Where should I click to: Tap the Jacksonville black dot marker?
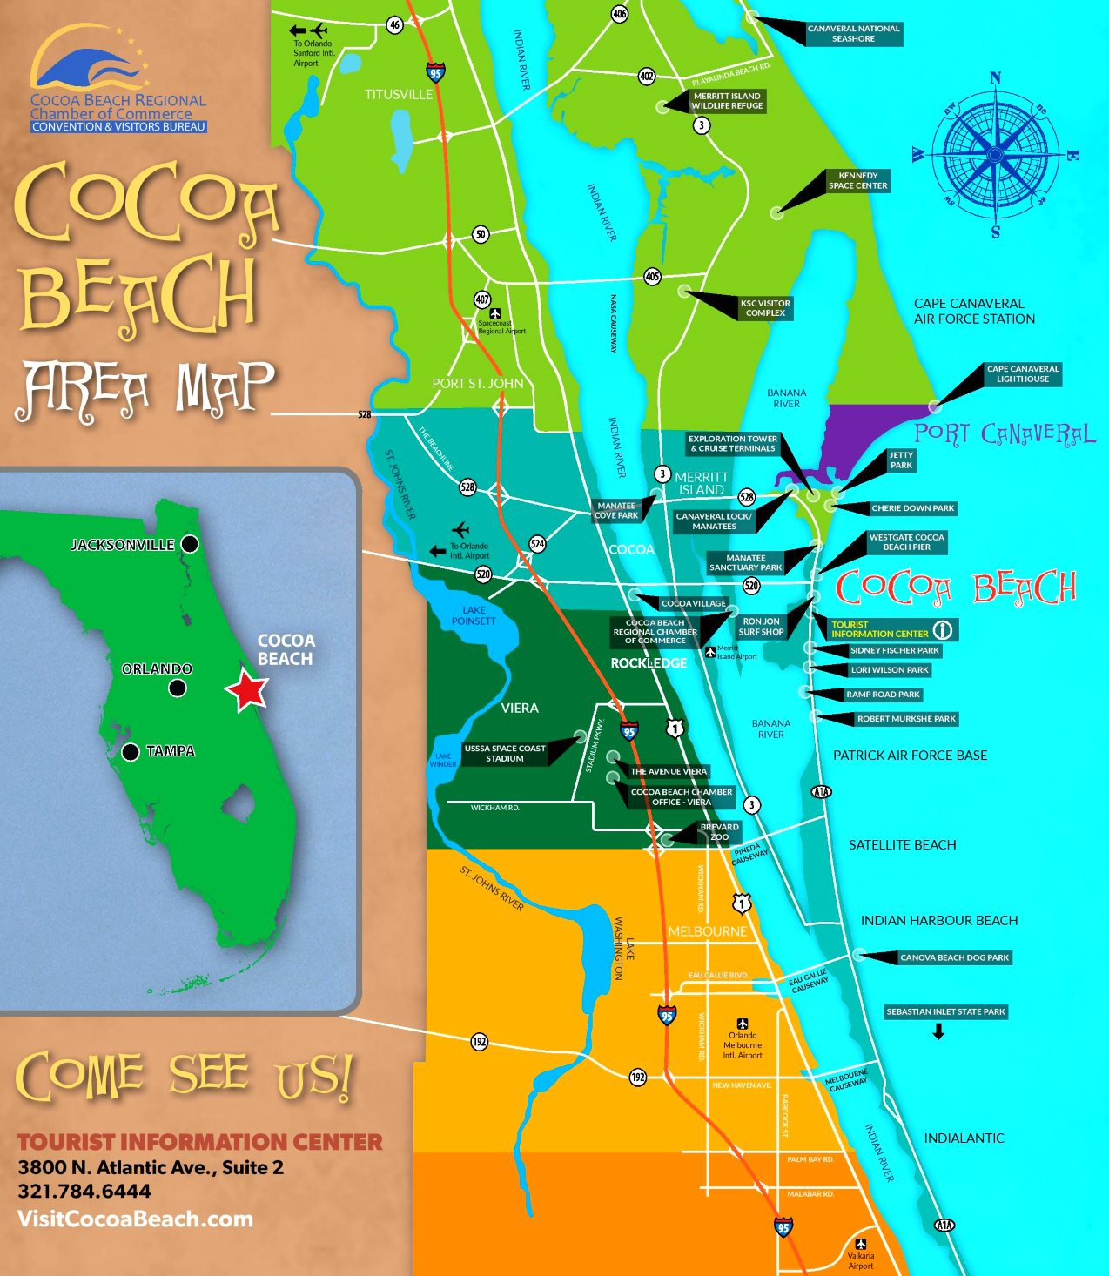click(x=190, y=544)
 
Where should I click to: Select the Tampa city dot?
click(x=131, y=752)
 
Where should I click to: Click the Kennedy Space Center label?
click(x=857, y=181)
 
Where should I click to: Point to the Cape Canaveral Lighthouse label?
click(x=1022, y=374)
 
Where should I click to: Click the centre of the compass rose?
click(x=995, y=155)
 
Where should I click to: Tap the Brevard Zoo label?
click(x=719, y=832)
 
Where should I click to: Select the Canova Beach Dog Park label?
click(x=954, y=957)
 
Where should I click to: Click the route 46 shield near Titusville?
click(x=395, y=25)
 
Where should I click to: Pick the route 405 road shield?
click(x=652, y=277)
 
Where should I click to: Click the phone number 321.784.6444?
click(x=84, y=1192)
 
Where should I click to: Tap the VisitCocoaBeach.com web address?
click(x=135, y=1219)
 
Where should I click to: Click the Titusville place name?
click(x=399, y=94)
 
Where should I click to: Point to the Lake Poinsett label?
click(x=474, y=615)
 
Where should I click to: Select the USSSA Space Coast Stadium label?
click(x=505, y=754)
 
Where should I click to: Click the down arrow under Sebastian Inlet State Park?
click(x=938, y=1032)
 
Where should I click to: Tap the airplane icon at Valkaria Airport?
click(x=861, y=1244)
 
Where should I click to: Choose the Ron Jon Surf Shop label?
click(x=761, y=627)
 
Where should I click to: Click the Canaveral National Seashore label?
click(x=852, y=34)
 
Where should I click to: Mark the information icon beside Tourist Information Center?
click(x=943, y=629)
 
